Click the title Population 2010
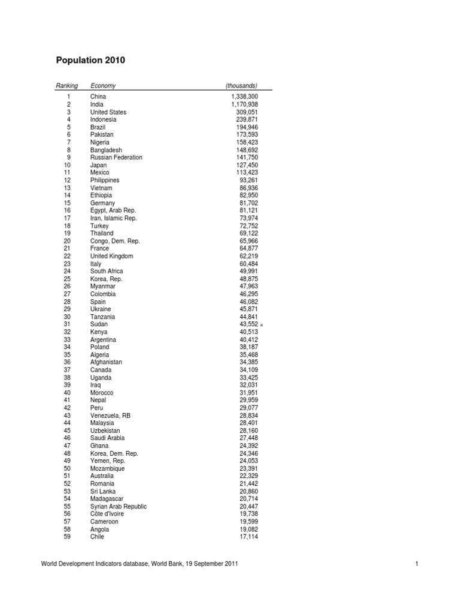click(90, 61)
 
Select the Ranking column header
click(66, 86)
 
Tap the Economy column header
click(103, 86)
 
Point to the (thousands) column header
click(241, 86)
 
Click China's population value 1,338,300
click(244, 97)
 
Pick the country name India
click(96, 104)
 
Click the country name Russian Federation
click(116, 158)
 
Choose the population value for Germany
click(249, 203)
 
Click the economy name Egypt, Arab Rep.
click(113, 210)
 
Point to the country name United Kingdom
click(111, 256)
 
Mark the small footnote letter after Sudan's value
click(262, 325)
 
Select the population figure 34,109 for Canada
click(249, 370)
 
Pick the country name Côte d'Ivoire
click(108, 514)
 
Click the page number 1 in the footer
click(416, 564)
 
